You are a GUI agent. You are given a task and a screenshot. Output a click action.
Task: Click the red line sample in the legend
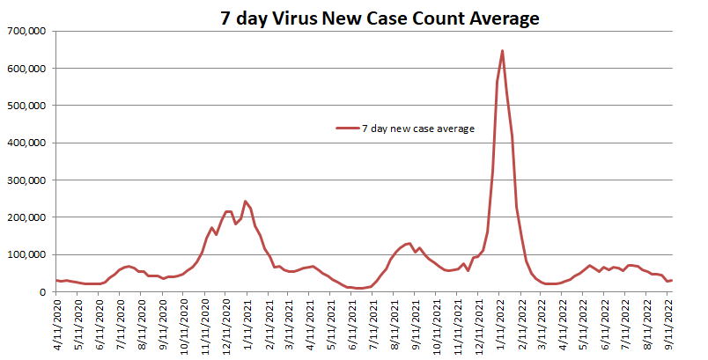(x=347, y=129)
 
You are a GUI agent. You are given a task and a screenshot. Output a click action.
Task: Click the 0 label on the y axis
(x=43, y=292)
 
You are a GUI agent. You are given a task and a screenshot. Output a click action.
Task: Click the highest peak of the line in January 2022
(x=502, y=51)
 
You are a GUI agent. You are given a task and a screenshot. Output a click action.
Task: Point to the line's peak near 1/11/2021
(x=246, y=202)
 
